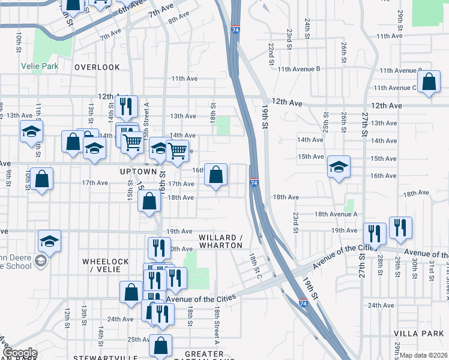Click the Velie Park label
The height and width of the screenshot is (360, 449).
coord(38,65)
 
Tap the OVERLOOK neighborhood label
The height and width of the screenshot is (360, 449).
coord(97,67)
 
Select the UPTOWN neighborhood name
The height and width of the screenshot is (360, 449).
coord(134,172)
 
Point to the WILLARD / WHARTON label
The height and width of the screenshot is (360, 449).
coord(221,241)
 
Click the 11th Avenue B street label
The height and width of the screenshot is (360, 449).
coord(298,69)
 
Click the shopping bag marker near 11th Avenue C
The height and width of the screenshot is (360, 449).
coord(430,83)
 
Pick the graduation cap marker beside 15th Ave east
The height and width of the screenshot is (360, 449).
coord(339,167)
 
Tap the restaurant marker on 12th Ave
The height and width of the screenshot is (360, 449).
coord(127,107)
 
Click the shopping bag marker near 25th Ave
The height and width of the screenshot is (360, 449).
coord(160,346)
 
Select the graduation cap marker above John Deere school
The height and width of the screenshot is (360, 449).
coord(49,241)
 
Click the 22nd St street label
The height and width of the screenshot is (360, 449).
coord(271,54)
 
